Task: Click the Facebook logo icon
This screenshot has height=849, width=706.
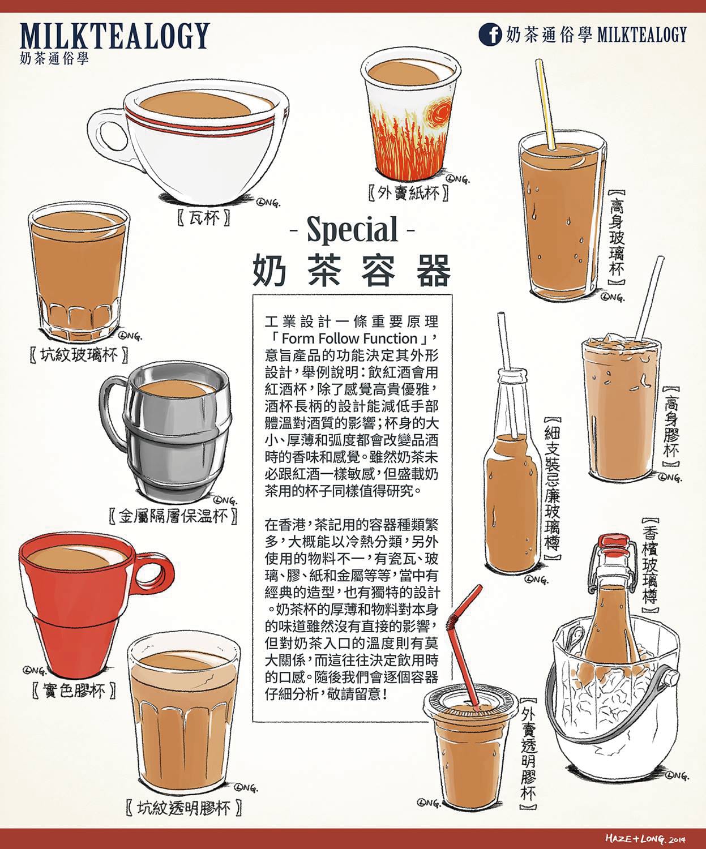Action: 490,35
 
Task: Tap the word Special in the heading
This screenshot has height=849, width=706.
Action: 352,230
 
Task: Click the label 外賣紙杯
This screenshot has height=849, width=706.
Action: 409,193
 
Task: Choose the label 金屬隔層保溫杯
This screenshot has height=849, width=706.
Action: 173,516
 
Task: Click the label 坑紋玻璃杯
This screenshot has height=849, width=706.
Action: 80,355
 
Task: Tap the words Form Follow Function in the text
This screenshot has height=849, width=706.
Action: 350,338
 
